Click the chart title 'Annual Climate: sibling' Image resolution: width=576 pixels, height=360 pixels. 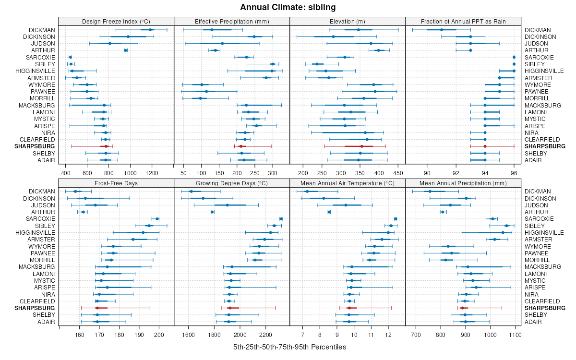288,7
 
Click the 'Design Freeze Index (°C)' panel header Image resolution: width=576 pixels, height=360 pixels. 116,21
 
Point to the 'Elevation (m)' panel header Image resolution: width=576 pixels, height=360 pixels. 348,21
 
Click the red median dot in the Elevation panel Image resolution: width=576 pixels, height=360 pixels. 361,146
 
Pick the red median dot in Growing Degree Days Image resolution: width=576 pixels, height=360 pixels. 230,308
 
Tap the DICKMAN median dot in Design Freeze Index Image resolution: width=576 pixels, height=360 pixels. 150,30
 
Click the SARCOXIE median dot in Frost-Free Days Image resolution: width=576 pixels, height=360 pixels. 157,219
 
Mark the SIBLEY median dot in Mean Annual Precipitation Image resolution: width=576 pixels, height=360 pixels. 506,226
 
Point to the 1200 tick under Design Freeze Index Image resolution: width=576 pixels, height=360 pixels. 152,173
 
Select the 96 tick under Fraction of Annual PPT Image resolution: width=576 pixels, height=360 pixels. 514,173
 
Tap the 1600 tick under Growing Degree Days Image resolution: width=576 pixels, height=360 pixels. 188,334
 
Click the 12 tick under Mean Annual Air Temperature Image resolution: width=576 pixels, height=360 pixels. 388,334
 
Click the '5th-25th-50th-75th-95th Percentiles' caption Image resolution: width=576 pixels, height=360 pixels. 289,347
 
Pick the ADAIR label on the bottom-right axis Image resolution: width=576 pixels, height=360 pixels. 533,322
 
